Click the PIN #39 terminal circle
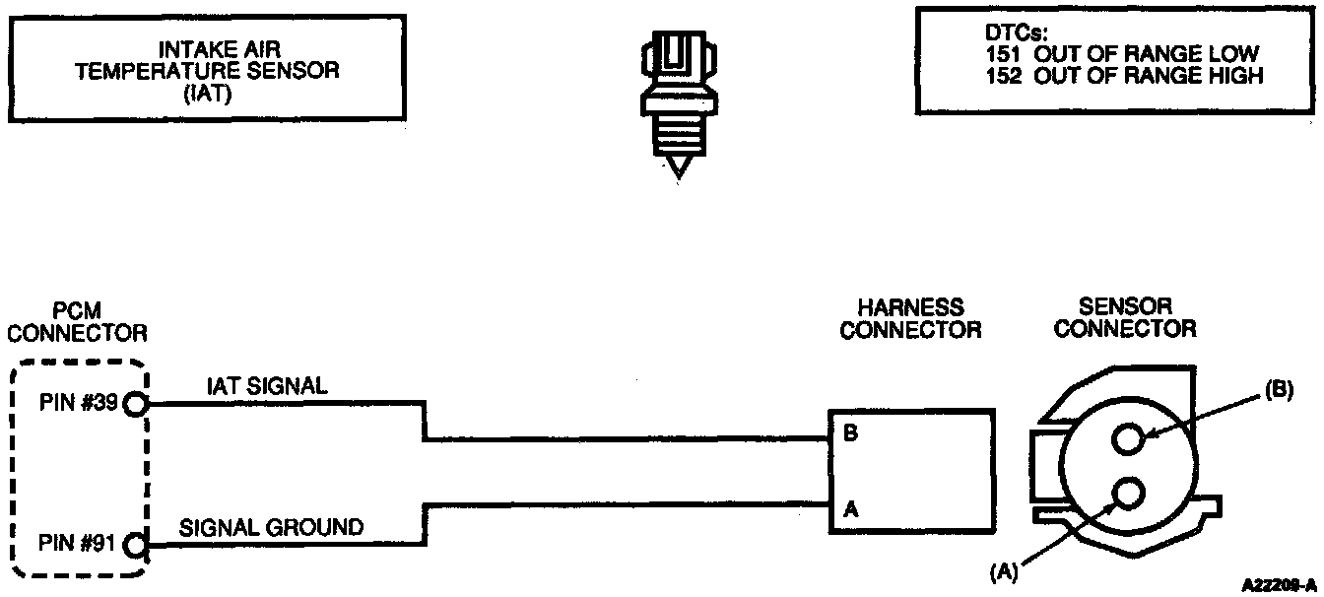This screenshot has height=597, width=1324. [x=136, y=403]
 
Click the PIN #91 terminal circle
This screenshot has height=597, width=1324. [x=136, y=543]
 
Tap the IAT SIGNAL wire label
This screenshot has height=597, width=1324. [x=266, y=387]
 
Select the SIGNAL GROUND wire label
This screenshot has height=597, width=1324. [x=271, y=527]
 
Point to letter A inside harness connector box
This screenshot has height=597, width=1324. [x=850, y=510]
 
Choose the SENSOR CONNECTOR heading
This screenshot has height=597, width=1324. [x=1125, y=318]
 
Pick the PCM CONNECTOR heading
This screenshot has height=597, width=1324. [x=78, y=321]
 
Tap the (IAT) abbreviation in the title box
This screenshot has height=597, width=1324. [x=209, y=92]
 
